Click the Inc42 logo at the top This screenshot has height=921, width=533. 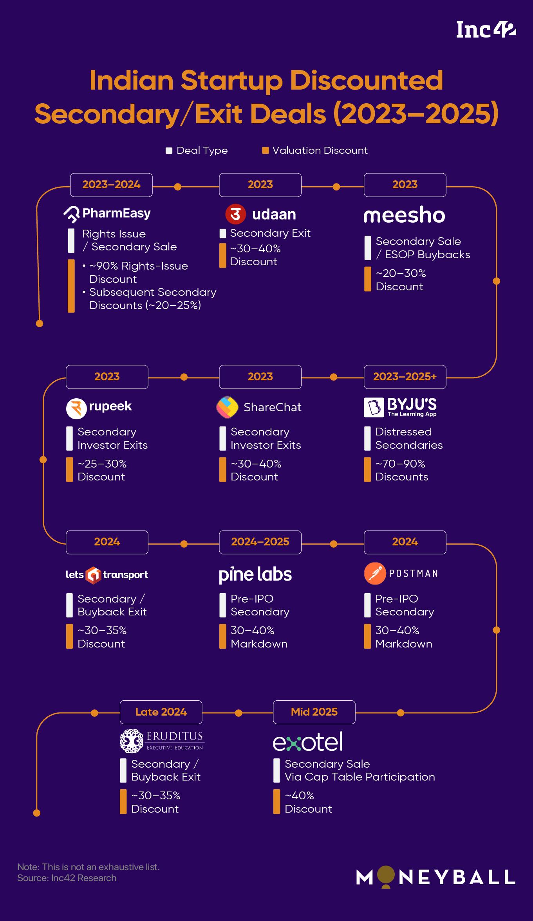(x=486, y=30)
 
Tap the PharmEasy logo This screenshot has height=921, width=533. (x=107, y=214)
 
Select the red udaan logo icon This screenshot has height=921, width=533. (x=235, y=214)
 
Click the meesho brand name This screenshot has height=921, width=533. (x=404, y=215)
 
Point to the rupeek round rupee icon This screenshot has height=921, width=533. (x=76, y=408)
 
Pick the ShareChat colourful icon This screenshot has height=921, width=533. (x=227, y=407)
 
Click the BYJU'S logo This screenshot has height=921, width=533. (x=400, y=407)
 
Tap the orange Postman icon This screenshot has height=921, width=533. (x=375, y=574)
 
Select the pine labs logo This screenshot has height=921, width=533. (x=255, y=574)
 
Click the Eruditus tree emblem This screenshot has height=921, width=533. (x=131, y=741)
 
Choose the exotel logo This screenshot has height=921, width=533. (x=308, y=742)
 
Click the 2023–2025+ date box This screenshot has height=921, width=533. (x=405, y=377)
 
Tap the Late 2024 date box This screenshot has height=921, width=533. (x=161, y=712)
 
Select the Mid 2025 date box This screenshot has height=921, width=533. (x=314, y=712)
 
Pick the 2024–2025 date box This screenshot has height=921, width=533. (x=260, y=542)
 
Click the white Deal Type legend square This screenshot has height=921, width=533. (x=169, y=151)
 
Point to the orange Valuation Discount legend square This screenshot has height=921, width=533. (x=265, y=151)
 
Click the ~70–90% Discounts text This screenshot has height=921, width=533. (x=401, y=470)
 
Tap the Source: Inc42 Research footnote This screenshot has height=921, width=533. (x=67, y=878)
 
